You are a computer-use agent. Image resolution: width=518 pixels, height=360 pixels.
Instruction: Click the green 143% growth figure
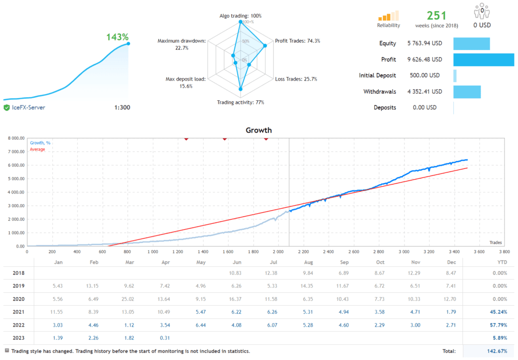117,37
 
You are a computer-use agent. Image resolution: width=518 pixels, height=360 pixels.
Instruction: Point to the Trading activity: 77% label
240,102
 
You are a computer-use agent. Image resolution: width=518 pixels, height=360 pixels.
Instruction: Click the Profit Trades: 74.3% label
297,41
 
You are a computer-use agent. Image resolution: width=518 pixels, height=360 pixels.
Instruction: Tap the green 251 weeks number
437,16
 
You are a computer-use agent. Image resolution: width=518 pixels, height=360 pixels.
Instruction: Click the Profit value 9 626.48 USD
424,60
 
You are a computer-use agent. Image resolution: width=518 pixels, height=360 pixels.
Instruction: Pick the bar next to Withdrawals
466,92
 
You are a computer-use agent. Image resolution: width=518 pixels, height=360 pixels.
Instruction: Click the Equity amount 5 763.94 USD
424,44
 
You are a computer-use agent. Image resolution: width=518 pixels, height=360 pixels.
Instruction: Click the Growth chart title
258,130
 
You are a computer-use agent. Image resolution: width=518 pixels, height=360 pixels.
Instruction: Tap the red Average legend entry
37,149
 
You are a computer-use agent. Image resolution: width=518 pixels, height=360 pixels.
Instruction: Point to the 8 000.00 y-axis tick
14,138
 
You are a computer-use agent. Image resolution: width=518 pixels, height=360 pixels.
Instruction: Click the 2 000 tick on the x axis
277,252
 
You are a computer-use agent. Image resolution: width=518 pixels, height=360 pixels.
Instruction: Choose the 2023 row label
18,337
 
